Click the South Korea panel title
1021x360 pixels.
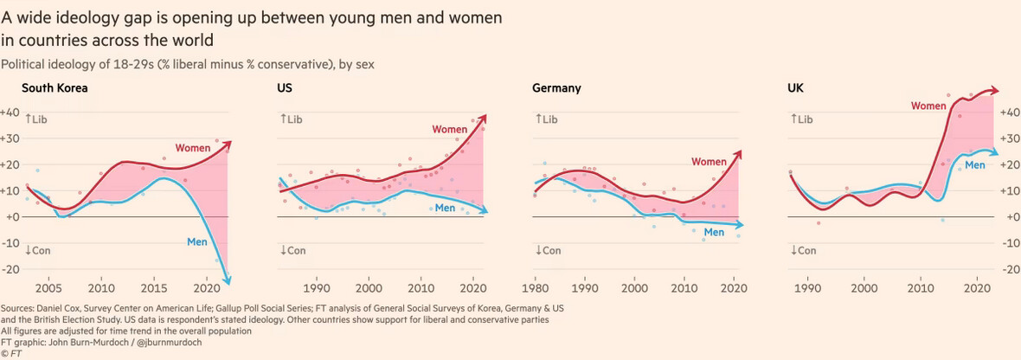pyautogui.click(x=55, y=88)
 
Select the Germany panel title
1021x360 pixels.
pyautogui.click(x=556, y=88)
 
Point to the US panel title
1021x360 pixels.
pyautogui.click(x=285, y=88)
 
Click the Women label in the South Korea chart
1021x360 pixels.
pyautogui.click(x=193, y=148)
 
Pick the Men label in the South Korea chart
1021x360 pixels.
pyautogui.click(x=197, y=241)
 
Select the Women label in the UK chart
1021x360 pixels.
pyautogui.click(x=928, y=106)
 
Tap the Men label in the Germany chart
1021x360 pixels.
pyautogui.click(x=714, y=232)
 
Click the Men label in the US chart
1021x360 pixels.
pyautogui.click(x=445, y=208)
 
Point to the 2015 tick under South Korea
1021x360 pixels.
pyautogui.click(x=154, y=288)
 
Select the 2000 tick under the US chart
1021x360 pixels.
pyautogui.click(x=369, y=288)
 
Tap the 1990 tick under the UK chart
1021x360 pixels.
pyautogui.click(x=808, y=288)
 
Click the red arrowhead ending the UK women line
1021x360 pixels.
pyautogui.click(x=995, y=90)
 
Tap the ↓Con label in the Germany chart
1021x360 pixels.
pyautogui.click(x=548, y=251)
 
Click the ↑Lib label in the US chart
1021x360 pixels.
pyautogui.click(x=292, y=119)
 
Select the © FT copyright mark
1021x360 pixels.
pyautogui.click(x=11, y=352)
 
